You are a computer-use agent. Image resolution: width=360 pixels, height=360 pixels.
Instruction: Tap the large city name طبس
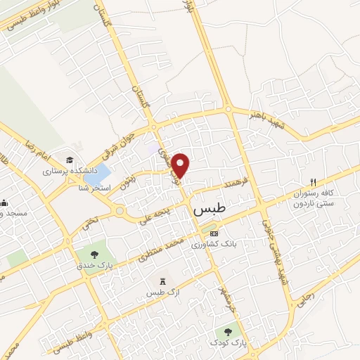tap(209, 210)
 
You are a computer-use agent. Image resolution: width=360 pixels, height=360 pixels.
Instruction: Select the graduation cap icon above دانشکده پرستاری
tap(70, 160)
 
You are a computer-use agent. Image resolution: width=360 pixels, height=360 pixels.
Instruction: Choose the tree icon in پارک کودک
tap(228, 330)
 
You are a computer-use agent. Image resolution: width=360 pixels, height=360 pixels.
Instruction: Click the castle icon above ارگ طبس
tap(163, 281)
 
